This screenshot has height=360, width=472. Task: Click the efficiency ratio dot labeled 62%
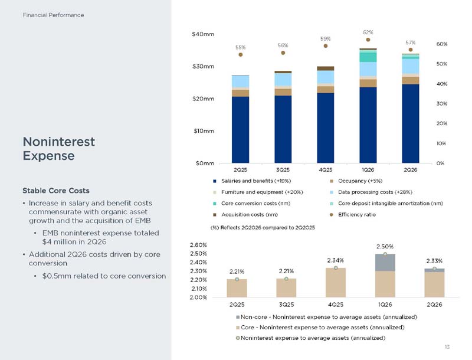pyautogui.click(x=368, y=40)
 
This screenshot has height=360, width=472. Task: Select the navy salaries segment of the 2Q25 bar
pyautogui.click(x=240, y=130)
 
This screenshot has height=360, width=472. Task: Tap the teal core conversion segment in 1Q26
pyautogui.click(x=368, y=57)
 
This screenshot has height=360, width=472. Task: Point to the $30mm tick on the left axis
pyautogui.click(x=203, y=67)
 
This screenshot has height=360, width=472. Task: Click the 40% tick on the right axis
pyautogui.click(x=441, y=84)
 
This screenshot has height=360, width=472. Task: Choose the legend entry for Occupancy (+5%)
pyautogui.click(x=356, y=181)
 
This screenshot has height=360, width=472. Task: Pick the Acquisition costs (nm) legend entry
pyautogui.click(x=245, y=215)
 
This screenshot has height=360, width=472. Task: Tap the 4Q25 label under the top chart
pyautogui.click(x=326, y=170)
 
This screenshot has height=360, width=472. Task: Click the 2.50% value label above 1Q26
pyautogui.click(x=385, y=247)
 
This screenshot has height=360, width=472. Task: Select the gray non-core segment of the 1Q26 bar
pyautogui.click(x=385, y=263)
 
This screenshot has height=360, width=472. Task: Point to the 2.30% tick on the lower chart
pyautogui.click(x=198, y=271)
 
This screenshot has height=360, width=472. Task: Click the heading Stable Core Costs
pyautogui.click(x=56, y=191)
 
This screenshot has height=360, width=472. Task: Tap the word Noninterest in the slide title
pyautogui.click(x=59, y=142)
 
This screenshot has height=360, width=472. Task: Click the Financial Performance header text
pyautogui.click(x=53, y=15)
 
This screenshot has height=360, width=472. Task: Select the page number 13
pyautogui.click(x=447, y=347)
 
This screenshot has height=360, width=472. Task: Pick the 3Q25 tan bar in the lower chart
pyautogui.click(x=286, y=288)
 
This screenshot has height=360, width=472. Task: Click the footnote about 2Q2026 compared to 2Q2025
pyautogui.click(x=263, y=228)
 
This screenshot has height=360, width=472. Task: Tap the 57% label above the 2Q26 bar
pyautogui.click(x=410, y=42)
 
